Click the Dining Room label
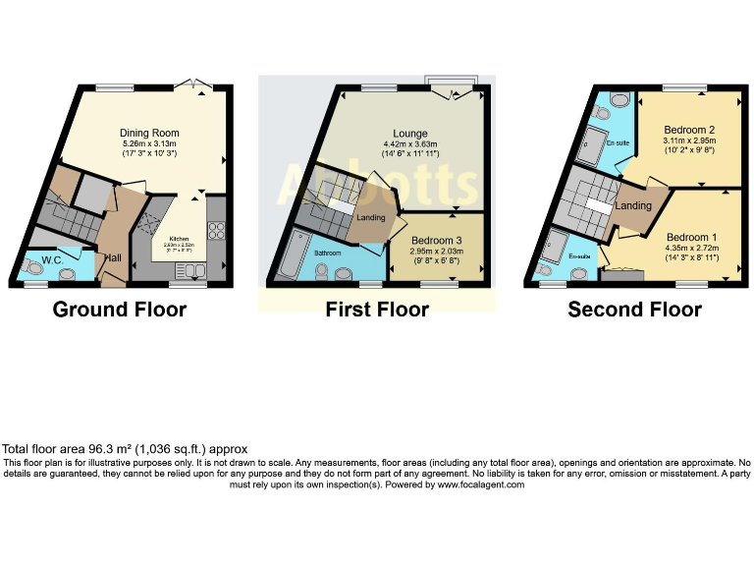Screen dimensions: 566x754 point(149,133)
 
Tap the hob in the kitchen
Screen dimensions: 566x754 point(216,232)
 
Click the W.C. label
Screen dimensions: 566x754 point(53,260)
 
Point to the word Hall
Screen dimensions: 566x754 point(114,256)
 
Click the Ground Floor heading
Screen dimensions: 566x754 point(119,311)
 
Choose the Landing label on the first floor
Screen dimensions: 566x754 point(370,218)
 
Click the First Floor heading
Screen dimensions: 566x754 point(377,311)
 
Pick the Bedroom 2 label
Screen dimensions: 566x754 point(688,130)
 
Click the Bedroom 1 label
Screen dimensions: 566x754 point(692,237)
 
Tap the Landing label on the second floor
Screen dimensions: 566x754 point(633,205)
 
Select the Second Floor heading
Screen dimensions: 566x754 point(634,311)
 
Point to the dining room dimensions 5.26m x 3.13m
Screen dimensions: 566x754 point(149,143)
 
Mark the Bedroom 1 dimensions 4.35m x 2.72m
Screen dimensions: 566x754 point(692,249)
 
